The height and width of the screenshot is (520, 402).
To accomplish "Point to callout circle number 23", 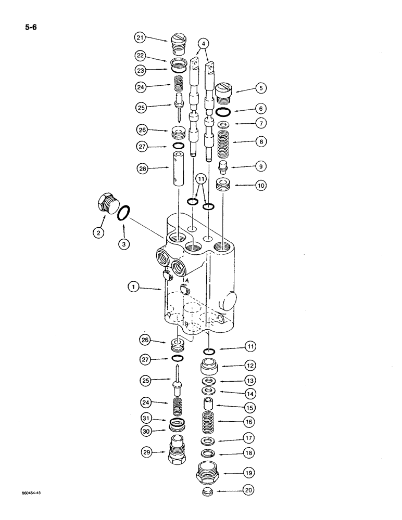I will pyautogui.click(x=140, y=69).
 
